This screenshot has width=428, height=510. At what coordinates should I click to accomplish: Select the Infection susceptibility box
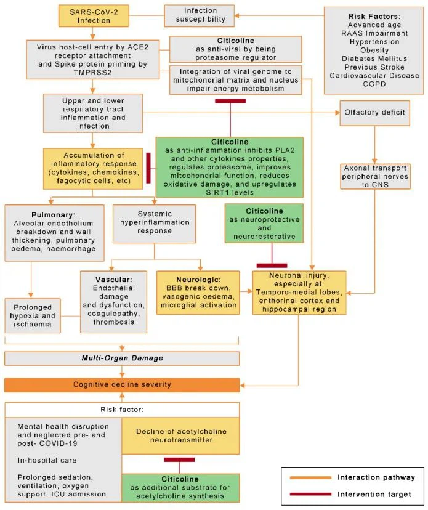click(x=201, y=15)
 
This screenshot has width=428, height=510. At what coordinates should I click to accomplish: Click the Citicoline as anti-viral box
click(x=236, y=49)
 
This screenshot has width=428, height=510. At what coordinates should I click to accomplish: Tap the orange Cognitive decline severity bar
click(x=123, y=384)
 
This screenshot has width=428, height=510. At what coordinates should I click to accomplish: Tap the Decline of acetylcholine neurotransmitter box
click(x=179, y=435)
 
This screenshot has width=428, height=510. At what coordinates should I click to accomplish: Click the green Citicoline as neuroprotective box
click(x=264, y=223)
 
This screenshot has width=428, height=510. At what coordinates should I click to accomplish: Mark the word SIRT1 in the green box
click(x=176, y=192)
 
